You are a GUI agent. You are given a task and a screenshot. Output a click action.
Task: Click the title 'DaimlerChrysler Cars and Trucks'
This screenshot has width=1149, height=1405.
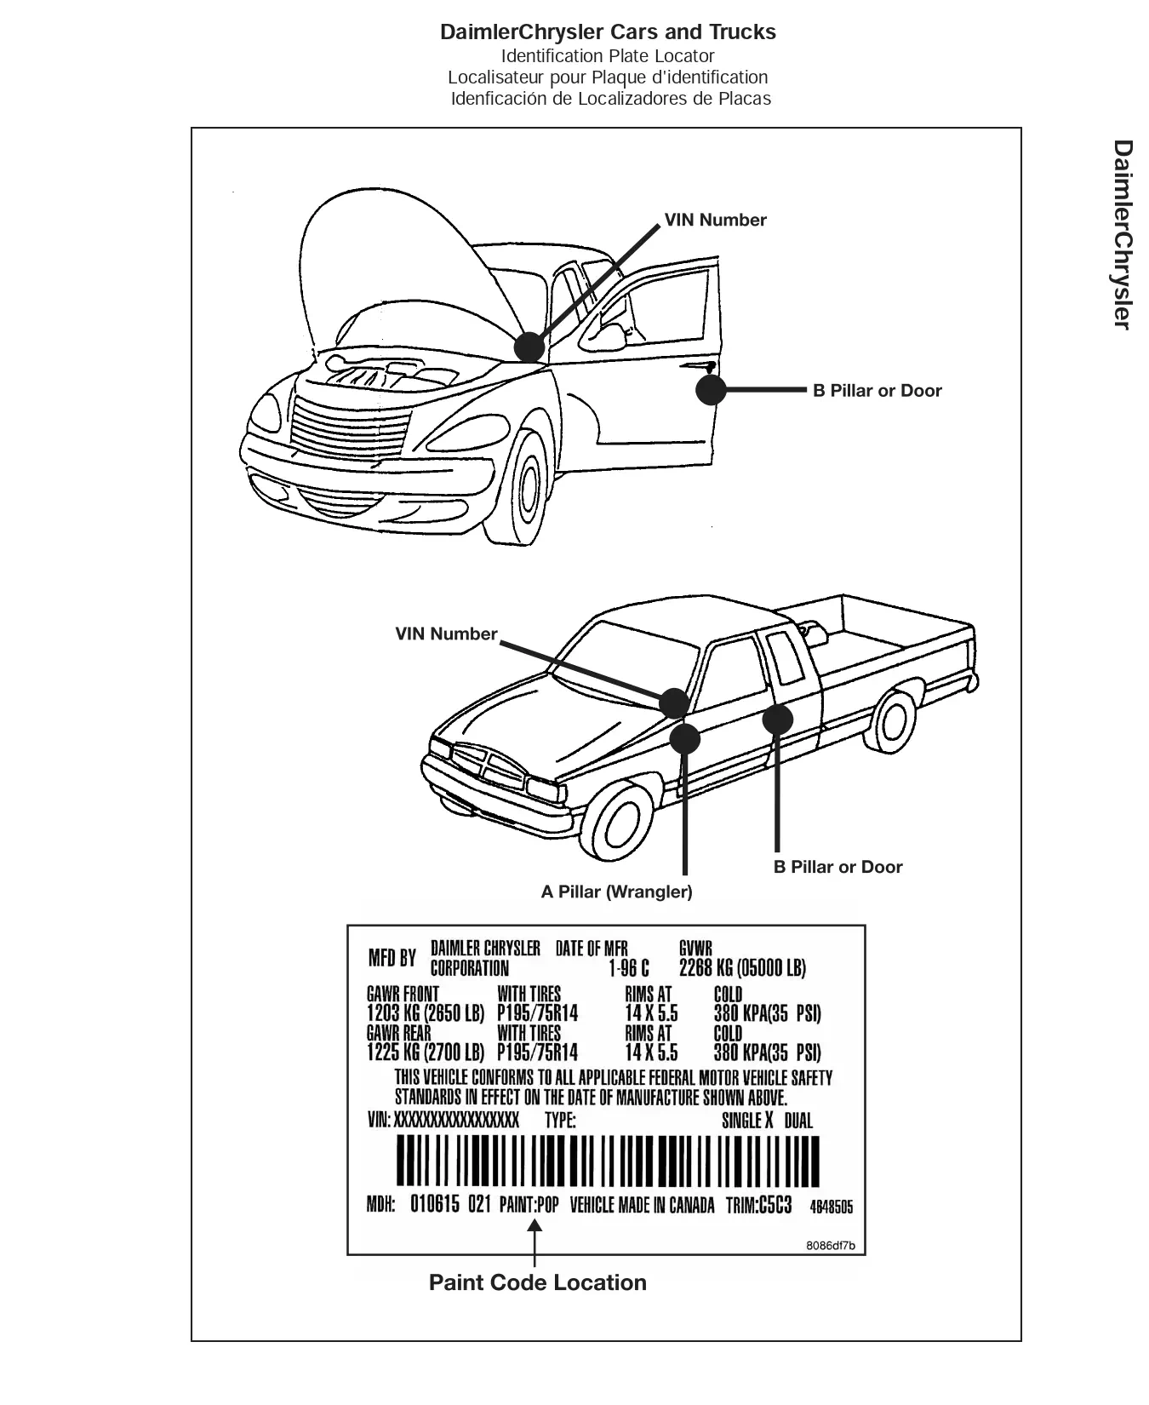point(608,32)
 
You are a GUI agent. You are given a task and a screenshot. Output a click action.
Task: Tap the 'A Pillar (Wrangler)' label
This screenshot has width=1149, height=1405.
point(617,892)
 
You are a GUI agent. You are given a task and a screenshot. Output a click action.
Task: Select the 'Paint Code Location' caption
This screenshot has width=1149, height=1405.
point(538,1282)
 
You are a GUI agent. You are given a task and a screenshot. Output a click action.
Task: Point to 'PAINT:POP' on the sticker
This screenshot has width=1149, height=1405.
point(529,1205)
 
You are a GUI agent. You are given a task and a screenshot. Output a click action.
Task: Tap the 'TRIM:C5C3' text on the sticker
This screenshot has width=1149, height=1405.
point(758,1205)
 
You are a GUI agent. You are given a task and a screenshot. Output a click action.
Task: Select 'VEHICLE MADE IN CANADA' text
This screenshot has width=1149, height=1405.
point(642,1205)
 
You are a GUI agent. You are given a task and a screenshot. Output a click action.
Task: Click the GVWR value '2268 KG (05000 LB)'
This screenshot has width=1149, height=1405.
point(742,967)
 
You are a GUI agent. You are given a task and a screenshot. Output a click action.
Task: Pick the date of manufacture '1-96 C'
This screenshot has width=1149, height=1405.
point(629,968)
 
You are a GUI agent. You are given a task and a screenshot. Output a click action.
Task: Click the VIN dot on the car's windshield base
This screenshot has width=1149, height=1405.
point(529,347)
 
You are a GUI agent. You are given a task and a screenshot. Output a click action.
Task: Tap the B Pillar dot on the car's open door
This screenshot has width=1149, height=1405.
point(711,390)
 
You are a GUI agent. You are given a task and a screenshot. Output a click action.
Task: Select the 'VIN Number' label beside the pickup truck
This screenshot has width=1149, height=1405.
point(446,634)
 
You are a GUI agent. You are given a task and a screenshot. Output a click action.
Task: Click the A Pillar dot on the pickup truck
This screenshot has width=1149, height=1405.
point(684,738)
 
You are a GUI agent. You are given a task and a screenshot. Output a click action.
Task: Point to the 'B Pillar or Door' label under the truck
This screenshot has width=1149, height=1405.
point(838,867)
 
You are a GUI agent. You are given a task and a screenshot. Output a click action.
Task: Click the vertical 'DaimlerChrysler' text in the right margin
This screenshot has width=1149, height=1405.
point(1123,234)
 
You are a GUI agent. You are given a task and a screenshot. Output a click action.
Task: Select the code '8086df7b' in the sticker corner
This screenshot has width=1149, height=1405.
point(831,1246)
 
